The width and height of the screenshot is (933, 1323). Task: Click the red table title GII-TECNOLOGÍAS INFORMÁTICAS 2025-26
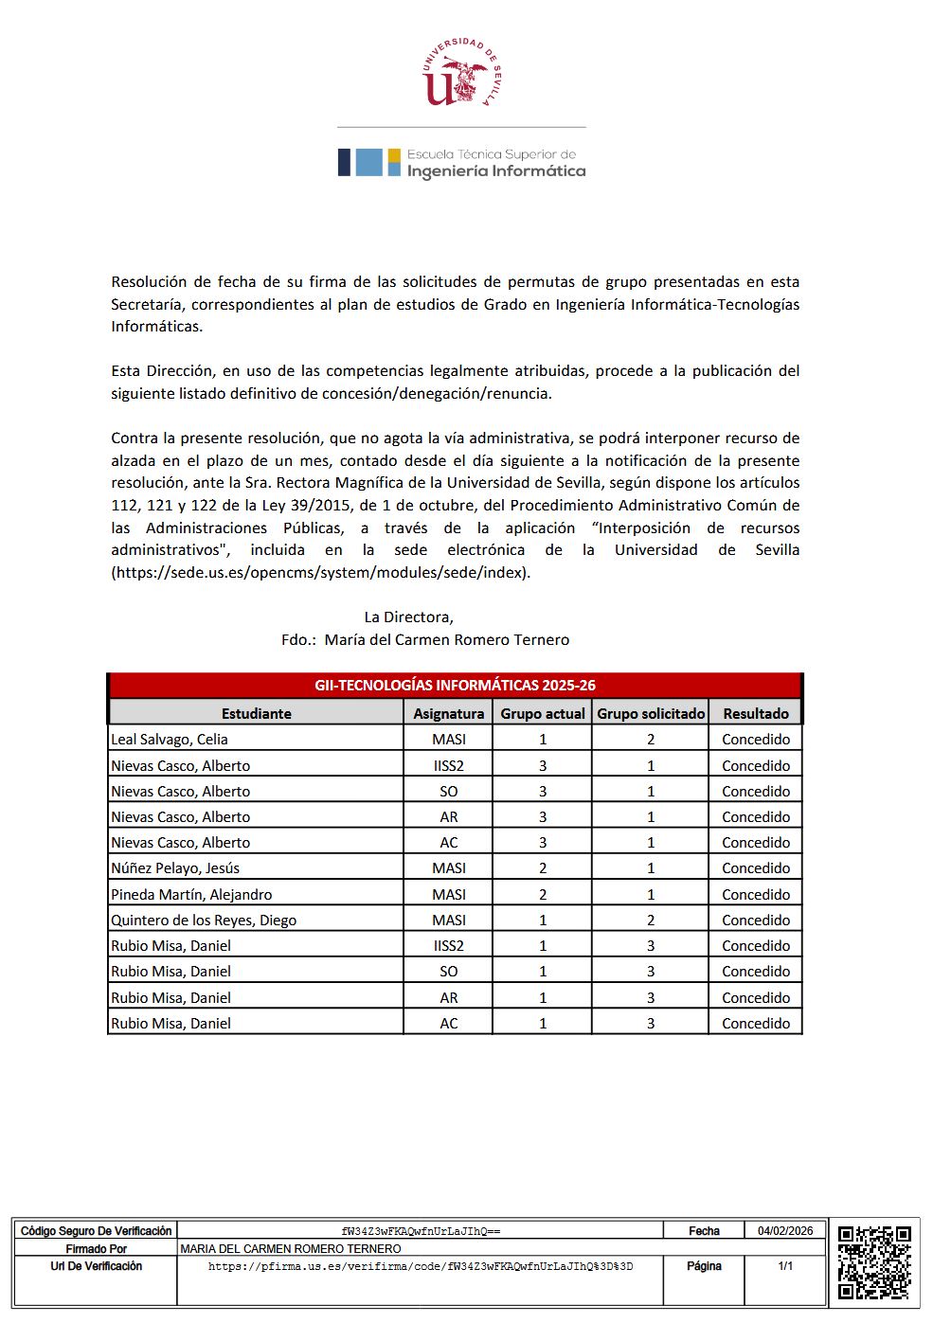(x=455, y=685)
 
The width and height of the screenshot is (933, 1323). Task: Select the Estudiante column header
(x=256, y=713)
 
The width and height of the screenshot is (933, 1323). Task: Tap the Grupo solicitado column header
(x=651, y=713)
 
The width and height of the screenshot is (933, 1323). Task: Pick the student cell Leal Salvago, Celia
(x=170, y=739)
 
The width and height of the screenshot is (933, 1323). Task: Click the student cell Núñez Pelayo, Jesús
(x=175, y=867)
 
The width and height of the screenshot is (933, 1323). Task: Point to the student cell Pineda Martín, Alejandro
(x=191, y=894)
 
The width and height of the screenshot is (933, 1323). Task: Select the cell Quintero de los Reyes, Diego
(x=204, y=920)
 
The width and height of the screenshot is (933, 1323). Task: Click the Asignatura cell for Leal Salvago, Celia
(x=448, y=739)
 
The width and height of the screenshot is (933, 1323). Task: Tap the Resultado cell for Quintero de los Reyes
(x=755, y=920)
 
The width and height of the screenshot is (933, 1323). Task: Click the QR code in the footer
(x=874, y=1262)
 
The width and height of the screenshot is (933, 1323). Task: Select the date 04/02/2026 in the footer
(x=785, y=1231)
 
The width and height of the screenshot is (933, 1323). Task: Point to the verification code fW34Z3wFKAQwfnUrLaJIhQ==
(x=421, y=1231)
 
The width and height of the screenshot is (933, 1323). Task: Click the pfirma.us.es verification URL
(x=421, y=1266)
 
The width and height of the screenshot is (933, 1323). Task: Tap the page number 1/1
(x=785, y=1266)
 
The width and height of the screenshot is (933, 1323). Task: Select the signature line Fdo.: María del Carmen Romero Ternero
(x=425, y=639)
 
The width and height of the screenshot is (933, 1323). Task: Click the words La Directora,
(x=408, y=617)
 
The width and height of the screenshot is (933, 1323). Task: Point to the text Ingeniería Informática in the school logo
(x=496, y=171)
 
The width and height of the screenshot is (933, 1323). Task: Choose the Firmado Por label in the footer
(x=96, y=1249)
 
